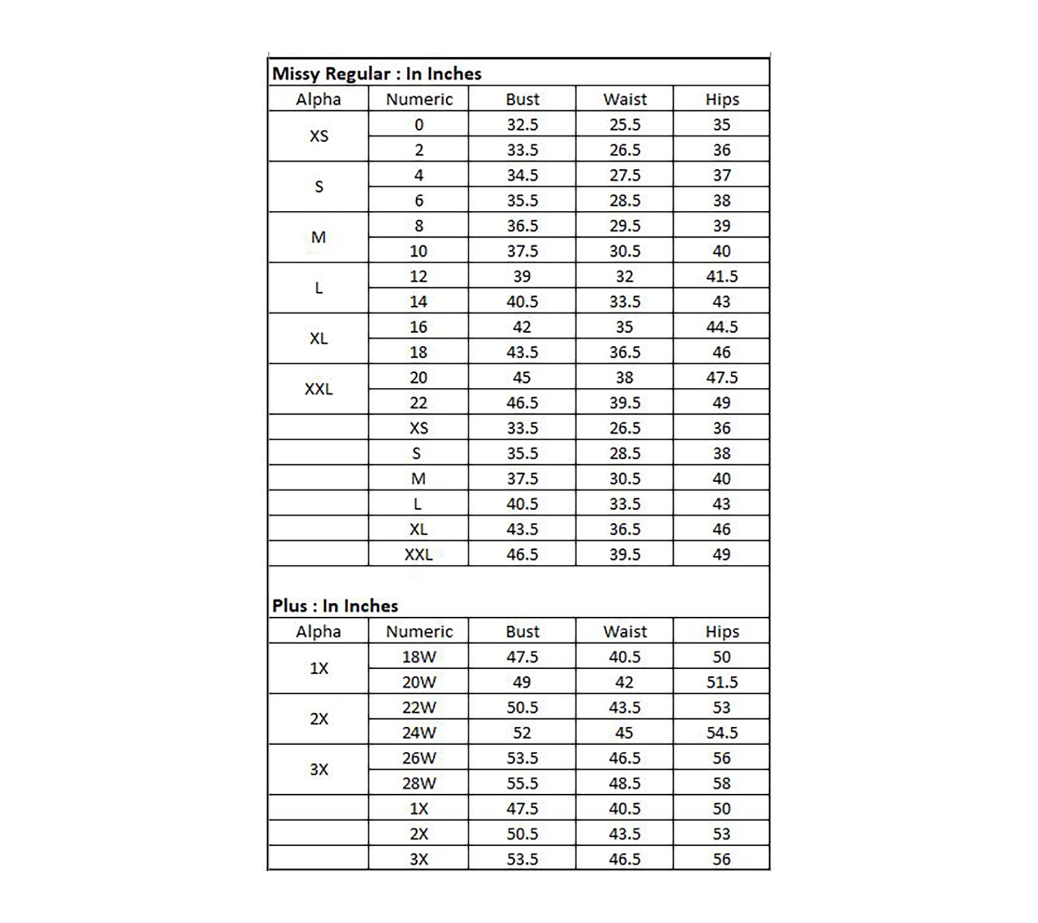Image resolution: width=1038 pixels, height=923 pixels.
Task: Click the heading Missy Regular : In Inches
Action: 377,74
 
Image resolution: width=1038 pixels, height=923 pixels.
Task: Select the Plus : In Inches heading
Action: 335,606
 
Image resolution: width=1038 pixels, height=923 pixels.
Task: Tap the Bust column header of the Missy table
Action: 522,99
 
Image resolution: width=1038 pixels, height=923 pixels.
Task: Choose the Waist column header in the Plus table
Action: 625,631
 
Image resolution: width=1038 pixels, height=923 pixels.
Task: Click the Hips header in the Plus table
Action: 722,631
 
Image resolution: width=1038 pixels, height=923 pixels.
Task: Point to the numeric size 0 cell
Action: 419,125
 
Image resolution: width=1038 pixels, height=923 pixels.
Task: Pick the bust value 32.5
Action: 522,125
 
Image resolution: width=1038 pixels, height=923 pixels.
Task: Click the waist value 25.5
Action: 625,125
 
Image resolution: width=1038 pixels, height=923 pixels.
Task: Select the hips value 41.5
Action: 722,276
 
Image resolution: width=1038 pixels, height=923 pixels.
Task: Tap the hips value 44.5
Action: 722,327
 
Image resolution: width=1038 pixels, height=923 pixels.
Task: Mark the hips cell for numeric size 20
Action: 722,377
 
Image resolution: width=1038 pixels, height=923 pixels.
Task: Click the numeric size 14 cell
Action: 419,302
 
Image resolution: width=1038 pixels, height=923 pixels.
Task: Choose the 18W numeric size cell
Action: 419,657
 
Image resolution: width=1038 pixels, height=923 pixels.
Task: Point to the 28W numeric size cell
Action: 419,783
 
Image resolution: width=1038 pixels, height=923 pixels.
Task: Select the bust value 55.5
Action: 522,783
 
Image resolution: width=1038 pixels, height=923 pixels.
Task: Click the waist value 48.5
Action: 625,783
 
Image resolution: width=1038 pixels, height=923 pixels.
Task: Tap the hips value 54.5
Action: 722,732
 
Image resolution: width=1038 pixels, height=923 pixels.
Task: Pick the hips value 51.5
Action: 722,682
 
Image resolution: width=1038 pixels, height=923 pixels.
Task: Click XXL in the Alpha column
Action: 319,389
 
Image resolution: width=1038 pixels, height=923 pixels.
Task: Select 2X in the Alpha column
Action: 319,719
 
